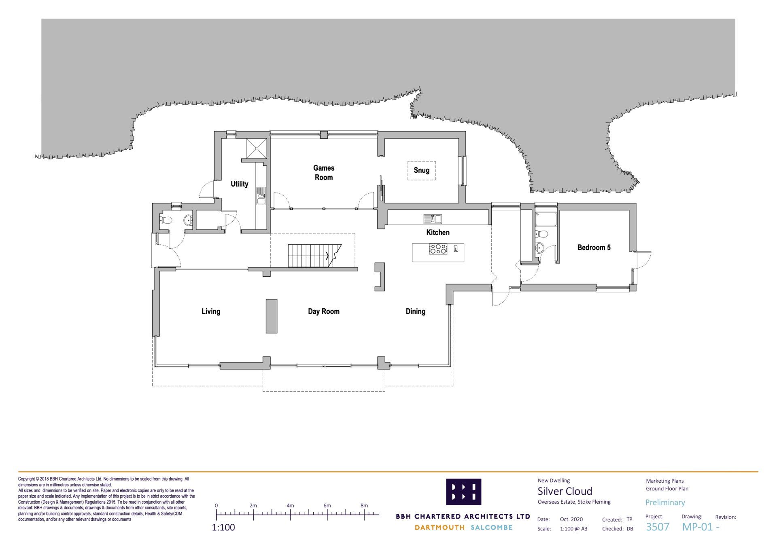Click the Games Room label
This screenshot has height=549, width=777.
(324, 172)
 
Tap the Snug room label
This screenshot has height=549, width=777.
(421, 170)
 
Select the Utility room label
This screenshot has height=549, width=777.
(240, 184)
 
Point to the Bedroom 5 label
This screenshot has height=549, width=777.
(594, 247)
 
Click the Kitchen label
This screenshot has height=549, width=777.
(438, 232)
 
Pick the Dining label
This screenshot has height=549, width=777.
(416, 311)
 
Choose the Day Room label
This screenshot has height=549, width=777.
(324, 311)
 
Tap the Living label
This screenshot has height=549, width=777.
(211, 311)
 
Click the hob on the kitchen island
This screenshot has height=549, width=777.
(438, 249)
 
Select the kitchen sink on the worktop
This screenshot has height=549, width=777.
(433, 219)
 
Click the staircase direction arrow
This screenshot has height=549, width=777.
(327, 256)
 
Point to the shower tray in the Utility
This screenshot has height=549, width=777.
(257, 148)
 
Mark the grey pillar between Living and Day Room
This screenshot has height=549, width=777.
(272, 316)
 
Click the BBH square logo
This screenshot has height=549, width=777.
(463, 492)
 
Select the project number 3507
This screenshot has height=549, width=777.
(658, 527)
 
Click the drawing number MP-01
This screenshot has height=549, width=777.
(697, 527)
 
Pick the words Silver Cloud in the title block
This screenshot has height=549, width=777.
(565, 491)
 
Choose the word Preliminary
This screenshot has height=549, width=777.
(665, 502)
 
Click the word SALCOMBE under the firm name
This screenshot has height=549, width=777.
(492, 528)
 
